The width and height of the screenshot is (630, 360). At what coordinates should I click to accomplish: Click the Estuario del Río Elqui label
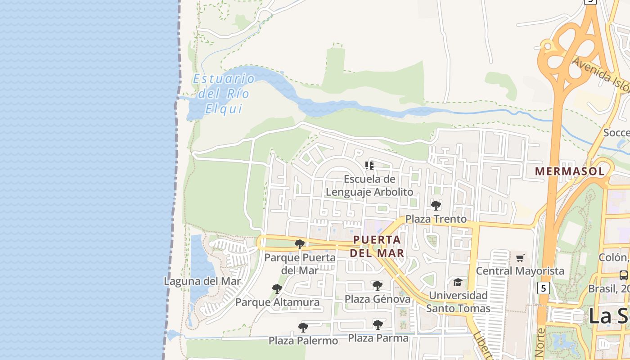(224, 94)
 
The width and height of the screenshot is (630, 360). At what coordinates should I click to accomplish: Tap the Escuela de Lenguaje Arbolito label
(369, 185)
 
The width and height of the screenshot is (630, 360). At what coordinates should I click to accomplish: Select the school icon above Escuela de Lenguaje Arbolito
(369, 166)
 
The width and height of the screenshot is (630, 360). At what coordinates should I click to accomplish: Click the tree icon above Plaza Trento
(436, 206)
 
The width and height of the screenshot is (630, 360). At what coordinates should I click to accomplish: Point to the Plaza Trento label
(436, 219)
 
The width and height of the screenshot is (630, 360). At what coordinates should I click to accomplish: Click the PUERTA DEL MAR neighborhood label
(377, 246)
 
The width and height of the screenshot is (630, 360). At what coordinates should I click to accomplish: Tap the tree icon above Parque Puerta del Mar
(299, 244)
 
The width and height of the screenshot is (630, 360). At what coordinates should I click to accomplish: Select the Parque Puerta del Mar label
(300, 264)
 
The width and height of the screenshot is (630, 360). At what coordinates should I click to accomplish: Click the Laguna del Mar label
(202, 281)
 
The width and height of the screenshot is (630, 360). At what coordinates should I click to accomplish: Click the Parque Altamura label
(277, 302)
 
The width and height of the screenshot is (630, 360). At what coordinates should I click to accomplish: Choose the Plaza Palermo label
(303, 341)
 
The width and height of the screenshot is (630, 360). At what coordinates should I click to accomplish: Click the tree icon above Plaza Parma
(378, 324)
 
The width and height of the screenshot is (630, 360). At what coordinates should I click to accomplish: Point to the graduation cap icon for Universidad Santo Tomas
(458, 282)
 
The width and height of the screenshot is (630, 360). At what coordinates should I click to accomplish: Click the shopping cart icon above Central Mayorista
(520, 258)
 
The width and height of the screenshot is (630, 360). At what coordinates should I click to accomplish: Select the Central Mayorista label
(520, 271)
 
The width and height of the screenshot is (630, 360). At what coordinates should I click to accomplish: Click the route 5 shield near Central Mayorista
(544, 288)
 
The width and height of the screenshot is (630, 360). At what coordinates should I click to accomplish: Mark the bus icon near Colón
(624, 275)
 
